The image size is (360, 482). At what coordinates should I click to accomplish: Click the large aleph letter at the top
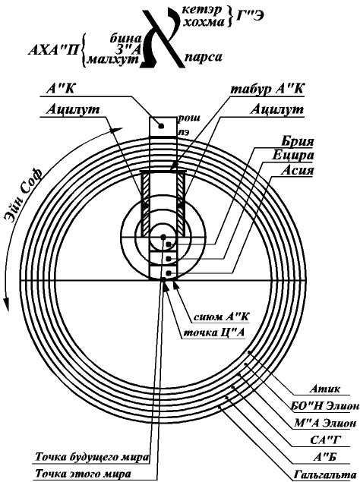coord(163,39)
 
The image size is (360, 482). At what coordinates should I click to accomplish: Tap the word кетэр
coord(201,10)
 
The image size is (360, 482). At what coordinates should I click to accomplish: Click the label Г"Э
coord(250,16)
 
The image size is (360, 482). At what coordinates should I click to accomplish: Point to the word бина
coord(125,38)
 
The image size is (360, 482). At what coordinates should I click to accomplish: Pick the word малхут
coord(113,59)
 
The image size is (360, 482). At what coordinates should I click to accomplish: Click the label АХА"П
coord(53,50)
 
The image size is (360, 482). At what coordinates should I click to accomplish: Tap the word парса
coord(204,58)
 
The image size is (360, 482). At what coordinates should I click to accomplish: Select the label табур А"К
coord(267,89)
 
